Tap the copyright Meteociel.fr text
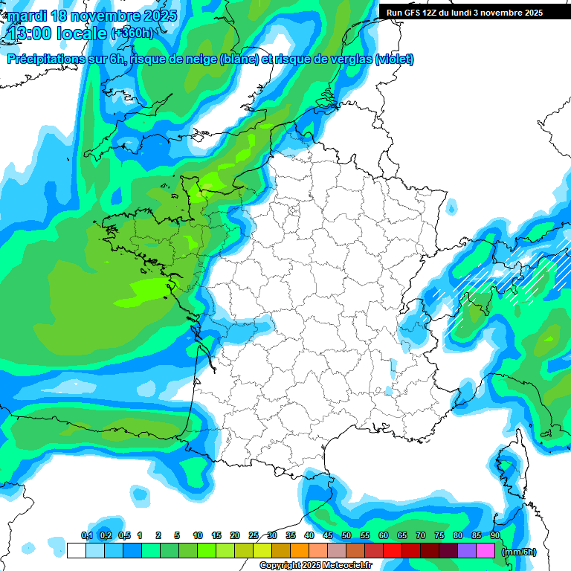coord(316,566)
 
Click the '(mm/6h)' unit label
coord(519,552)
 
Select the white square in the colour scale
coord(76,551)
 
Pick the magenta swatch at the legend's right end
coord(485,551)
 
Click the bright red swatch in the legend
coord(393,551)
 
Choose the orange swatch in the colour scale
coord(300,551)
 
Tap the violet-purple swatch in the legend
coord(467,551)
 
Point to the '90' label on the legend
coord(495,536)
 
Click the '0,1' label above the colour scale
coord(86,536)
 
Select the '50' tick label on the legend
coord(346,536)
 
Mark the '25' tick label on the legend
coord(254,536)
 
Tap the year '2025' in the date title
coord(155,15)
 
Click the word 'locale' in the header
coord(83,33)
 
